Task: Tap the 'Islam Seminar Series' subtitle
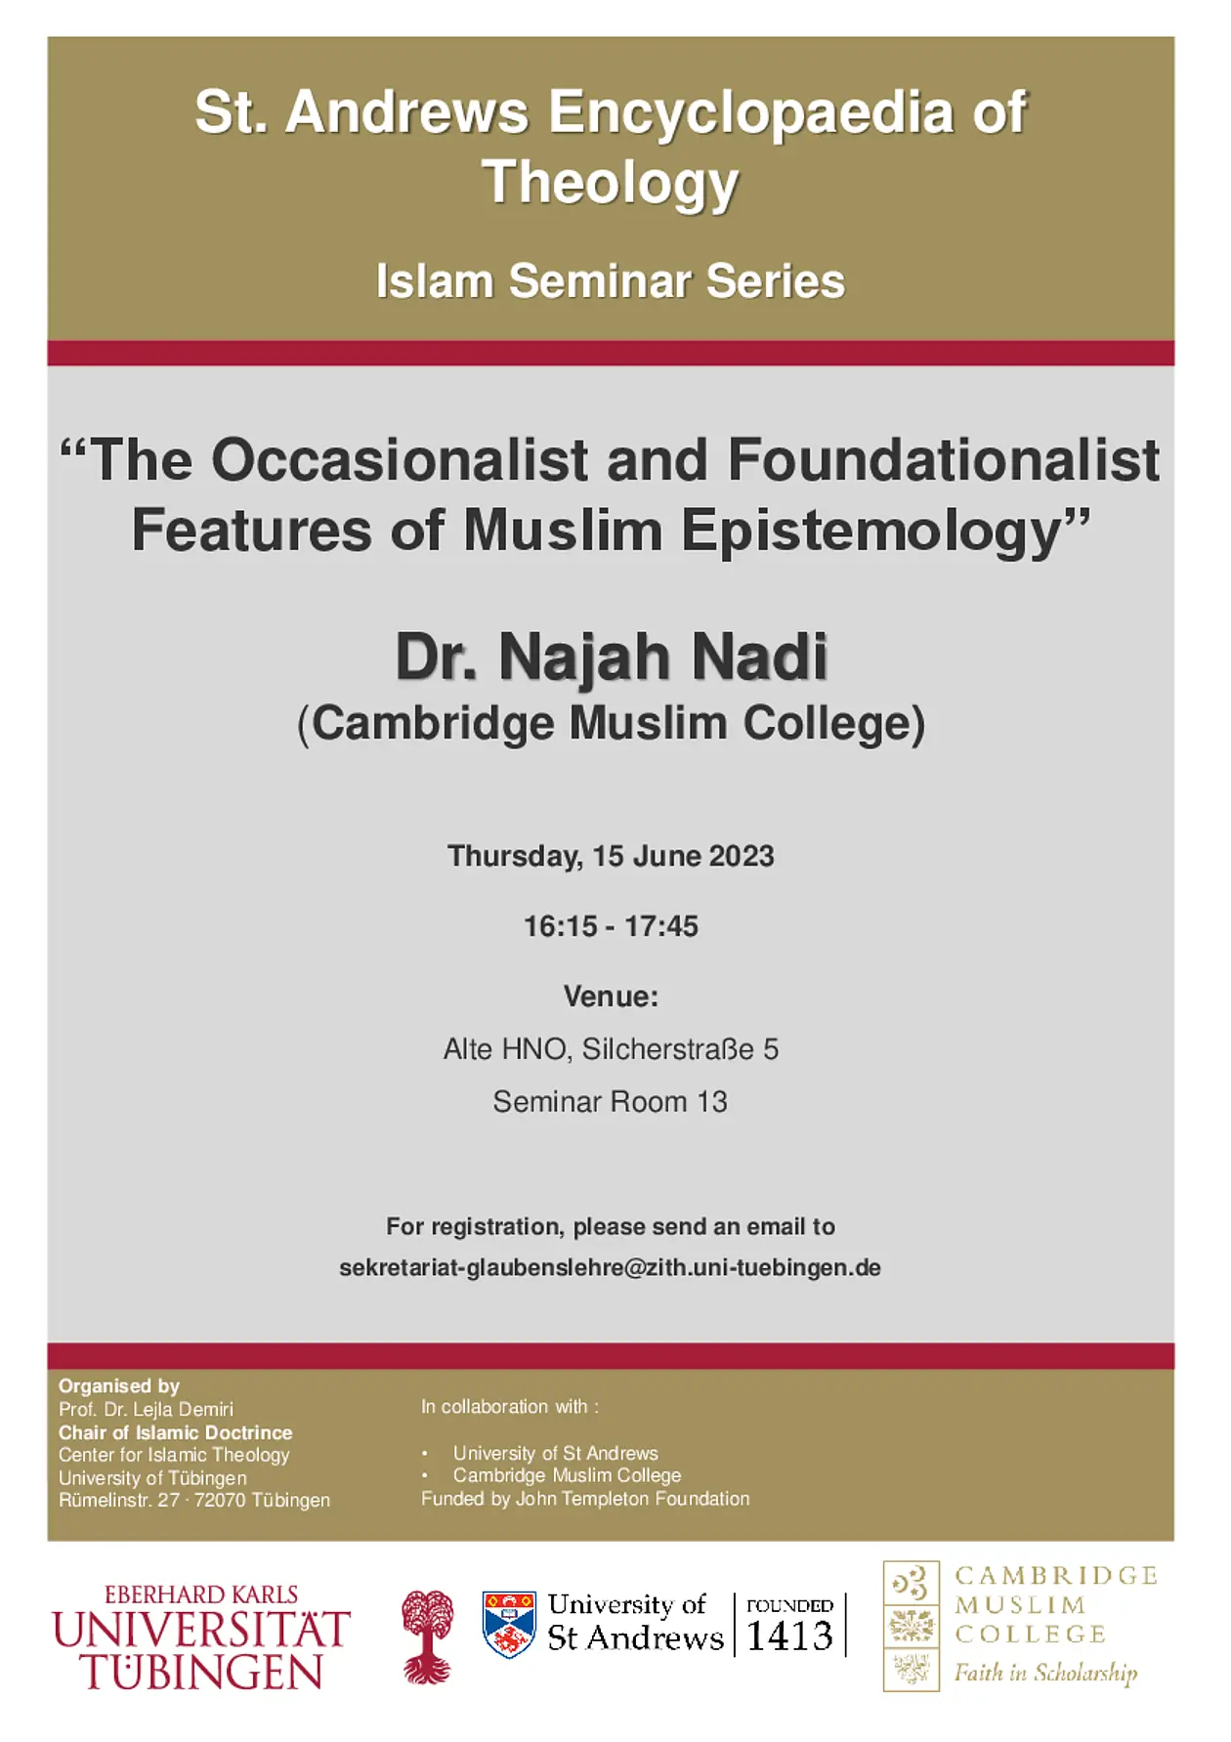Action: (x=611, y=281)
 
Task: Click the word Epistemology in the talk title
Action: (x=885, y=532)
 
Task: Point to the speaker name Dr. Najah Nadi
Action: (x=612, y=658)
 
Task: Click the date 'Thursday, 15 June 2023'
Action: (x=611, y=857)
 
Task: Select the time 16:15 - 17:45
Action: (x=611, y=926)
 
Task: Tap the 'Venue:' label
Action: (x=611, y=997)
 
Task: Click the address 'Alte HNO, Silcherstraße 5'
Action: (x=611, y=1049)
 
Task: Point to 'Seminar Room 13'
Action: (x=611, y=1102)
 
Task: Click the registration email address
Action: (x=610, y=1268)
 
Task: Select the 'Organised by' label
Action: (x=119, y=1385)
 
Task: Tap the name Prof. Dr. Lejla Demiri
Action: (x=147, y=1409)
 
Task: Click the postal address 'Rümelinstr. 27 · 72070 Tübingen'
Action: (x=194, y=1500)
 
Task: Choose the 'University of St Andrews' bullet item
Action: (x=556, y=1453)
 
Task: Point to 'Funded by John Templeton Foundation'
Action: (x=585, y=1499)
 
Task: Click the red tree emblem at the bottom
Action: (x=428, y=1636)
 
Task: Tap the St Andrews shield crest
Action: (x=509, y=1625)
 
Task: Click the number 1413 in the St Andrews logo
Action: (x=789, y=1636)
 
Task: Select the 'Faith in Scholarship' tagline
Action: (x=1045, y=1673)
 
